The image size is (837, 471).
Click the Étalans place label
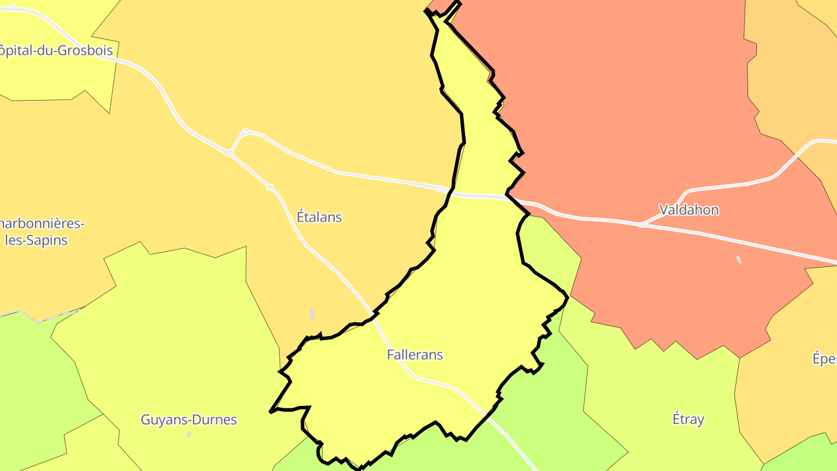(x=319, y=217)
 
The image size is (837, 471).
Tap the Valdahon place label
(x=689, y=209)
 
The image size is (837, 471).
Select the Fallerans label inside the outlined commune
(x=414, y=354)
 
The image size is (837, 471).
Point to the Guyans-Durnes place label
(x=189, y=419)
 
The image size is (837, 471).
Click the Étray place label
(x=688, y=419)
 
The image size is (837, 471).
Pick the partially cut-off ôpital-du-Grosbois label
(x=56, y=50)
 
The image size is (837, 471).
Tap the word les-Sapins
(x=36, y=240)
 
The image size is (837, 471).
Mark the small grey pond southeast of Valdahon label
(x=739, y=260)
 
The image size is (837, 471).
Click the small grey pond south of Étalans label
(x=312, y=314)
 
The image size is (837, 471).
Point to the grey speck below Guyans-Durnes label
(x=188, y=434)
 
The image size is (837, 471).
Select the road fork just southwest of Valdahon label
(x=642, y=224)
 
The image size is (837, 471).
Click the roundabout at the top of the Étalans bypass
(x=245, y=132)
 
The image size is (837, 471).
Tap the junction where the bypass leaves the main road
(x=229, y=154)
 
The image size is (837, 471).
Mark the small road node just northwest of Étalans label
(x=270, y=187)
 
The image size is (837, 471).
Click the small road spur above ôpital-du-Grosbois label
(x=13, y=7)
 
